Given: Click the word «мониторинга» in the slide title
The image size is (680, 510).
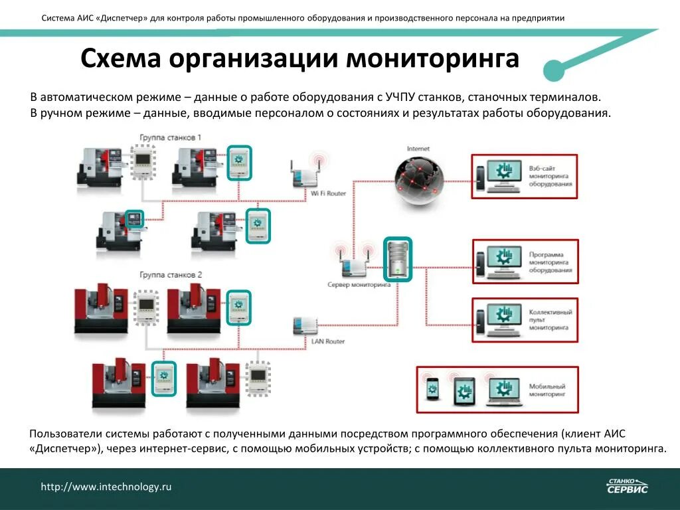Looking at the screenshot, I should point(433,59).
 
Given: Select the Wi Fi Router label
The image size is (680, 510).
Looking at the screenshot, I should point(329,193).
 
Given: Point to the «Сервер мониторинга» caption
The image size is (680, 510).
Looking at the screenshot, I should point(359,284).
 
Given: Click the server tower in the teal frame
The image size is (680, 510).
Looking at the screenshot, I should point(397,258).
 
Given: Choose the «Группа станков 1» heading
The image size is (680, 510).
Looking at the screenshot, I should point(170,137).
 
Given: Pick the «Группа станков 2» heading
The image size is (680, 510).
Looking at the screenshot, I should point(171,274).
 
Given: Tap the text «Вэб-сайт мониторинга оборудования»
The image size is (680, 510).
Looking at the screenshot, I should point(551,177).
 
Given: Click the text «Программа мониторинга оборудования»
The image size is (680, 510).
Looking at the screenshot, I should point(551,262).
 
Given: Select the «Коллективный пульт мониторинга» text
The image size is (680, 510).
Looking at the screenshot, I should point(551,320).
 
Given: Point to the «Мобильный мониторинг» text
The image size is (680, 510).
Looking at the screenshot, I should point(547,390).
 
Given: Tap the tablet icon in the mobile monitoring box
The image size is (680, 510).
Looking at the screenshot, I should point(464,390).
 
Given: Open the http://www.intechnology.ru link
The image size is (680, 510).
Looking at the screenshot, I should point(106,487).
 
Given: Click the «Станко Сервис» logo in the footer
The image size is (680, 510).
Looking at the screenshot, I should point(627,486).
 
